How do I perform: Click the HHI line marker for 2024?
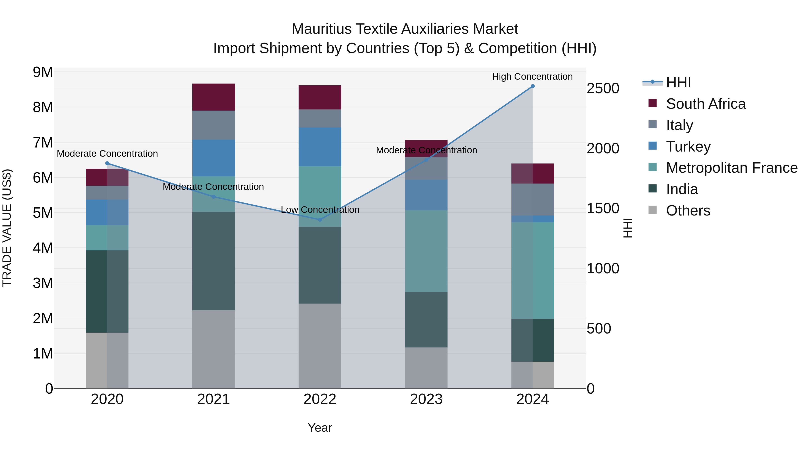tap(532, 86)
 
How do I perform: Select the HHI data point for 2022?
tap(320, 220)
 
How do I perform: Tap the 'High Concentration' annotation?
tap(532, 77)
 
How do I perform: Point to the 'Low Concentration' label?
tap(320, 210)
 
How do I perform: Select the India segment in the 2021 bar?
tap(214, 261)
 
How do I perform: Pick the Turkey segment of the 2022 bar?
tap(320, 147)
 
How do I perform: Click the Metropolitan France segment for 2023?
tap(426, 251)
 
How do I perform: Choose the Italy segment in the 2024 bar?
tap(532, 200)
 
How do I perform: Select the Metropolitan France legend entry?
tap(731, 168)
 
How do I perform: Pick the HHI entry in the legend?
tap(678, 82)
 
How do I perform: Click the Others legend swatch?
tap(653, 210)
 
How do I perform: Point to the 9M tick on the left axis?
tap(43, 72)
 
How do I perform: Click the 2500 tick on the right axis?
tap(603, 88)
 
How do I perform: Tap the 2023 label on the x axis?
tap(426, 399)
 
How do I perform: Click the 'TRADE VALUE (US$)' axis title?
tap(7, 228)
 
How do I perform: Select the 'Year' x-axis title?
tap(320, 428)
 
